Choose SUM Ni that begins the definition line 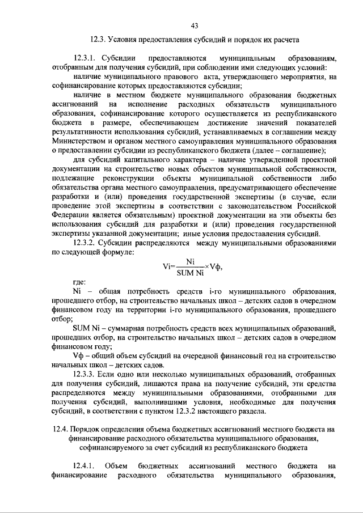(x=87, y=328)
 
